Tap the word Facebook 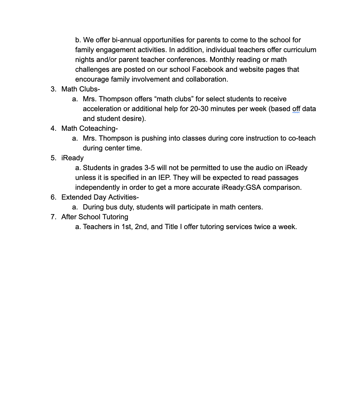208,69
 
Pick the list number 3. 53,89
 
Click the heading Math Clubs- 80,89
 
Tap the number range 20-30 199,109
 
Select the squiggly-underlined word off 296,109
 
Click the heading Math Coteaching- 89,128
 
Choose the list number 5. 53,158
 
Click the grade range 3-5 149,168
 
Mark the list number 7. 53,217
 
